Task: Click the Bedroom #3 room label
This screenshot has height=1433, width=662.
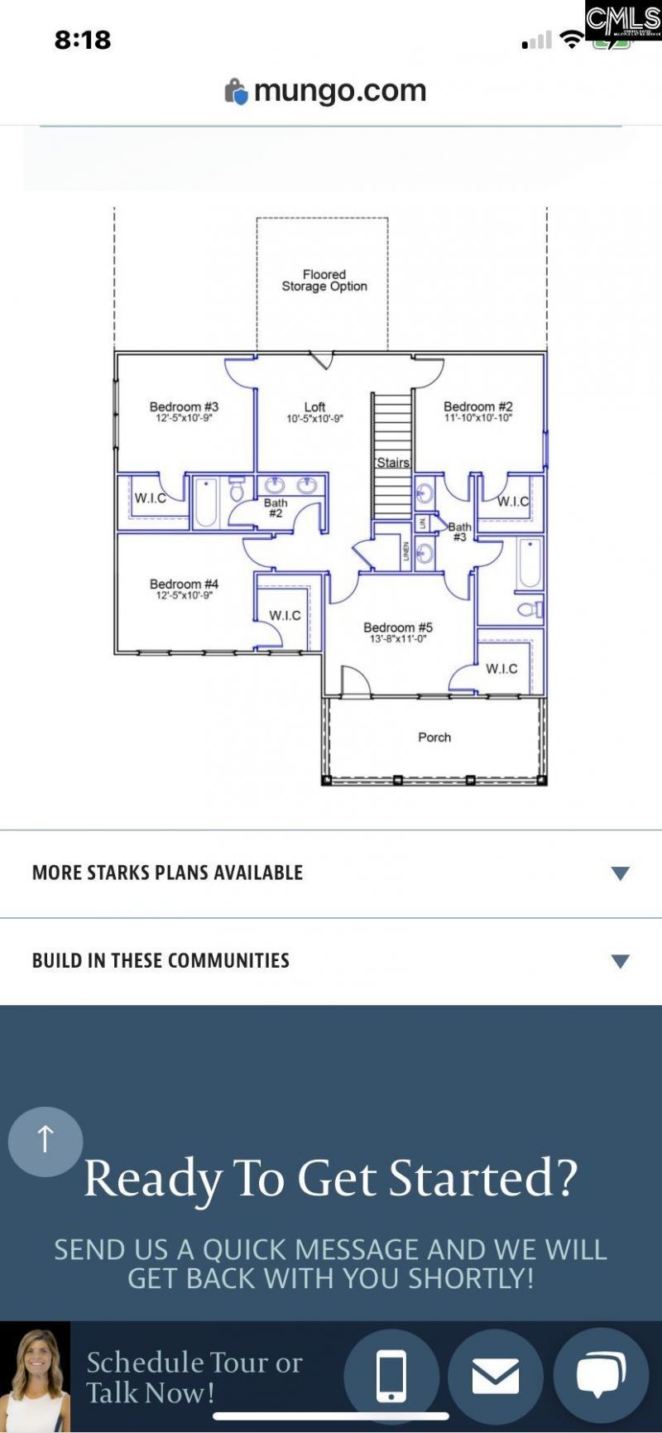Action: [184, 407]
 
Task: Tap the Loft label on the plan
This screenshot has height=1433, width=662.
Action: [314, 407]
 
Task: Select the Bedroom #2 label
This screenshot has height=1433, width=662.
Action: [477, 407]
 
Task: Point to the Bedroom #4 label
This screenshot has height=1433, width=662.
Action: [184, 584]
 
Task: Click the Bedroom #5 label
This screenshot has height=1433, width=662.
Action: [398, 628]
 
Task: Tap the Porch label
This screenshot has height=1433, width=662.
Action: [434, 738]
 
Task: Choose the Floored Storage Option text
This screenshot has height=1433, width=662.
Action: [324, 281]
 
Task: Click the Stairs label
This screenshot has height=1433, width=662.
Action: [393, 463]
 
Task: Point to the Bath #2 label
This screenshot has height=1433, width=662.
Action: [276, 507]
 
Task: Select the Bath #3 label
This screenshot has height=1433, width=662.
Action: [459, 531]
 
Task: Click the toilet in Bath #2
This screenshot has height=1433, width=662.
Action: [237, 491]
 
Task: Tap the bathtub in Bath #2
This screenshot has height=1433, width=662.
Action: [206, 503]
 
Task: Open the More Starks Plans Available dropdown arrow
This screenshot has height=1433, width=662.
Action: [620, 873]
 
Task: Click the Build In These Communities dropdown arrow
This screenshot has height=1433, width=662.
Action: [620, 961]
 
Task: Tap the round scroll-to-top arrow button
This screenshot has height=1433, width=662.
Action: [46, 1141]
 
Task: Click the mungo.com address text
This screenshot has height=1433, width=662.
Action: [339, 90]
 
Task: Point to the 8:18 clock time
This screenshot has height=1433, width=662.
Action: [83, 40]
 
